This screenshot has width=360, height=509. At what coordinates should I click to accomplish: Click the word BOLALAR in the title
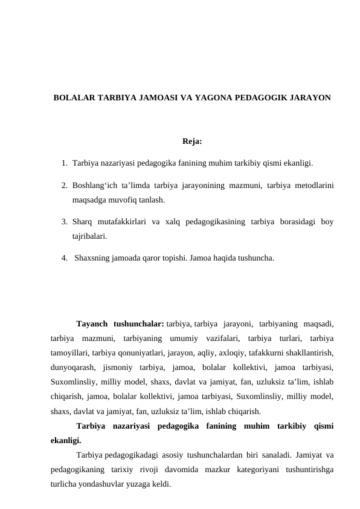click(x=71, y=97)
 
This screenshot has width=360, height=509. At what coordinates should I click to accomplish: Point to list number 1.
click(x=63, y=163)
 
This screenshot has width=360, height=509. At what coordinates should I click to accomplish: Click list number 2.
click(x=63, y=186)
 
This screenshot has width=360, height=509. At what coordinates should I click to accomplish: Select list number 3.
click(x=63, y=222)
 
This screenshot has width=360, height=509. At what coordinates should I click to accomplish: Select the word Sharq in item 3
click(x=82, y=222)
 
